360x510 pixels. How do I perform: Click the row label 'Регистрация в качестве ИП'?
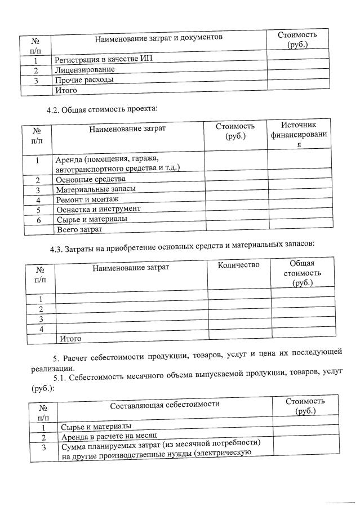103,59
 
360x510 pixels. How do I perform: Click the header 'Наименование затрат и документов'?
159,37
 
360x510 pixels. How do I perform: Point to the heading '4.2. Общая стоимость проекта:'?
101,108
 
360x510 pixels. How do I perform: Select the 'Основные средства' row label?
90,179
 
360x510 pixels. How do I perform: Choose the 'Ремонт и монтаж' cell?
87,199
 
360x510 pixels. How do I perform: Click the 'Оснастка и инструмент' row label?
98,209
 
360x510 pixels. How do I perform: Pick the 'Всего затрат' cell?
79,229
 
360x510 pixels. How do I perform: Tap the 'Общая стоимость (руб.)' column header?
301,273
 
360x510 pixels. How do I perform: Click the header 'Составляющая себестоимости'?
165,404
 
